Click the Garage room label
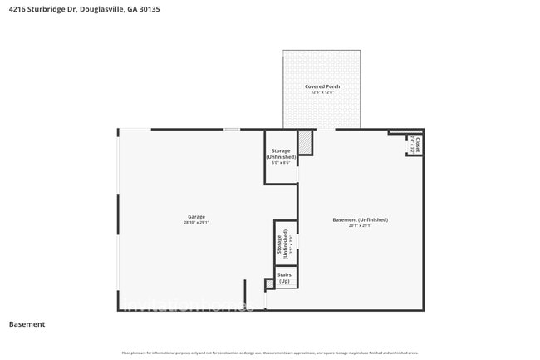[x=195, y=217]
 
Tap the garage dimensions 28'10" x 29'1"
[x=195, y=223]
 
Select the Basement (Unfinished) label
[x=360, y=219]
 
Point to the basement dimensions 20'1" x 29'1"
[x=360, y=225]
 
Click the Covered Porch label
[x=322, y=86]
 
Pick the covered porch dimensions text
[x=322, y=92]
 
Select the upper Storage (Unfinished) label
[x=280, y=154]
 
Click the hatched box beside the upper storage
[x=306, y=143]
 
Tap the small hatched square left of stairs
[x=269, y=284]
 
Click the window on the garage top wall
[x=232, y=129]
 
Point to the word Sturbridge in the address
[x=46, y=8]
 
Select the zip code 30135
[x=150, y=8]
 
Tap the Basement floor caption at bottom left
[x=27, y=324]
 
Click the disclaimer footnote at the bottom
[x=270, y=353]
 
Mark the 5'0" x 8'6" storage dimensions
[x=280, y=162]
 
